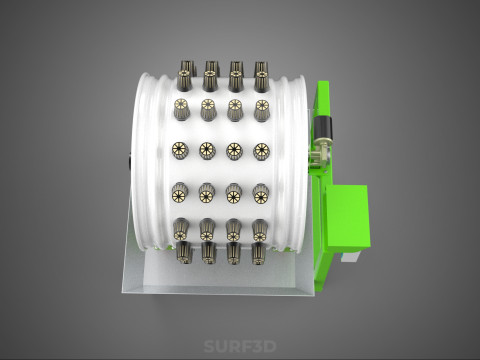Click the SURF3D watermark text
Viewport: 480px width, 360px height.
click(240, 346)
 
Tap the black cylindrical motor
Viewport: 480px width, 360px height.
click(323, 129)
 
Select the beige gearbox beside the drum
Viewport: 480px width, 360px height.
click(318, 155)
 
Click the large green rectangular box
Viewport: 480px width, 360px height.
click(348, 218)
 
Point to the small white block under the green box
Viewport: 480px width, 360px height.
click(350, 256)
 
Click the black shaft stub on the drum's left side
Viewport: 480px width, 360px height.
click(129, 162)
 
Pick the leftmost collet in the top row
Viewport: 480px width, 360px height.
click(185, 76)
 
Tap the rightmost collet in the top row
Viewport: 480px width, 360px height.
click(262, 76)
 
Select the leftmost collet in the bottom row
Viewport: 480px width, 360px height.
click(183, 252)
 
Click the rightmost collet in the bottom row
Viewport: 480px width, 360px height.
click(259, 253)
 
